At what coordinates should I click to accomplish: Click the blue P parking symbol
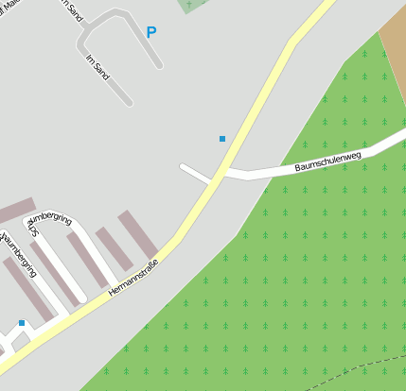[151, 32]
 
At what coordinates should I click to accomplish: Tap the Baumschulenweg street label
[328, 161]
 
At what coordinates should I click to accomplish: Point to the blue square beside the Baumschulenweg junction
[222, 139]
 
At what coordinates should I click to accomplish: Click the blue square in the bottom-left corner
[21, 323]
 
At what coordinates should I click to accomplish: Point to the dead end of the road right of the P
[160, 66]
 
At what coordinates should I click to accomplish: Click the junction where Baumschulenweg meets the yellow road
[224, 173]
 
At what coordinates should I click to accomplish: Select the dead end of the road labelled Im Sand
[128, 102]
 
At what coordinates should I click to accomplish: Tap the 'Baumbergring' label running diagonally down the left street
[21, 258]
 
